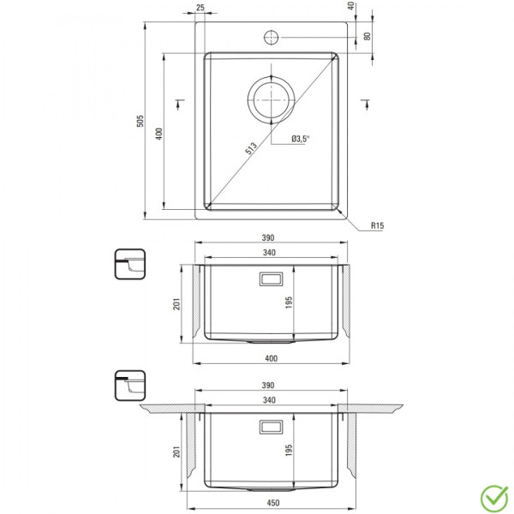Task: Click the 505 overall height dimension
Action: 140,121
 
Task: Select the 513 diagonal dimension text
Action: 251,148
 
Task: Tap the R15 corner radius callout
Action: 377,225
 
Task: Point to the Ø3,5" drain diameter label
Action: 301,139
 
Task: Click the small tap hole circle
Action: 271,38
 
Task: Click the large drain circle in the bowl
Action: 271,100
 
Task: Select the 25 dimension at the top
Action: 200,7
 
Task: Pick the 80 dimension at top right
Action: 368,36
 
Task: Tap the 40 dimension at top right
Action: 351,6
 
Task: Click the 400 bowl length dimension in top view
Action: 159,134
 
